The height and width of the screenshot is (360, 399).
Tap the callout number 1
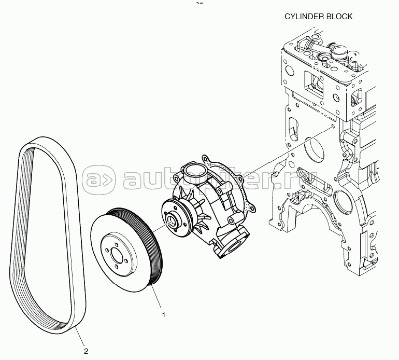point(164,315)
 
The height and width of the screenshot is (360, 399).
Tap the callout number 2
point(86,351)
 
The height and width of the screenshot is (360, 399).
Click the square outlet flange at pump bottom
point(233,243)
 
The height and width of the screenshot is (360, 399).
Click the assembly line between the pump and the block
point(288,152)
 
